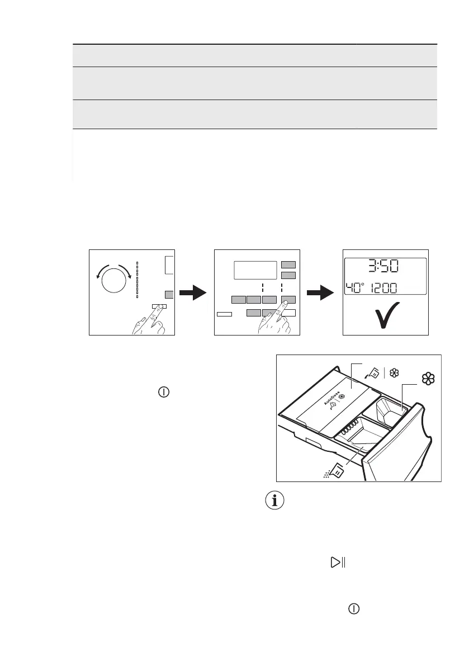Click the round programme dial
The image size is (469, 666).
tap(114, 279)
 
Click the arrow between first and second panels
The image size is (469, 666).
tap(195, 292)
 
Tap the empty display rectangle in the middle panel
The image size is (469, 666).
tap(255, 270)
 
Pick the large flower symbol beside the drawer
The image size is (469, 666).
tap(428, 379)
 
